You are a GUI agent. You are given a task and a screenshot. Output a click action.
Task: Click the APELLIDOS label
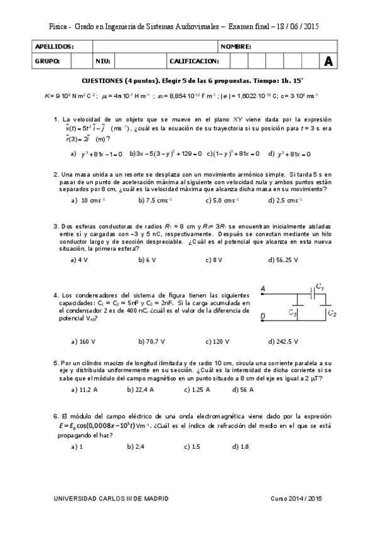55,47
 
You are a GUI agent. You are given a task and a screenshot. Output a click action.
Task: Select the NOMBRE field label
237,47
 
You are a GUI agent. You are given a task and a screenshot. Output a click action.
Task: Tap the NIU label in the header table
103,61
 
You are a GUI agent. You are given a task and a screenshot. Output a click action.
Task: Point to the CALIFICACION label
194,61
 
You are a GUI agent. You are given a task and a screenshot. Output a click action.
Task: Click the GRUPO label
48,61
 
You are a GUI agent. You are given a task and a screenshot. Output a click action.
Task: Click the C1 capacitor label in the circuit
320,287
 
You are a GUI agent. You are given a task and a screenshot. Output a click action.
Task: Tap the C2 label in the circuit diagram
332,314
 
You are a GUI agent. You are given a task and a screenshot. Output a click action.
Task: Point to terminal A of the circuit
262,289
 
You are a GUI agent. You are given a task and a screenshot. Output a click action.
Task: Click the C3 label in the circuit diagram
293,312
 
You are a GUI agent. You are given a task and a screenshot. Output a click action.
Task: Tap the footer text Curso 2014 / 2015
296,498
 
